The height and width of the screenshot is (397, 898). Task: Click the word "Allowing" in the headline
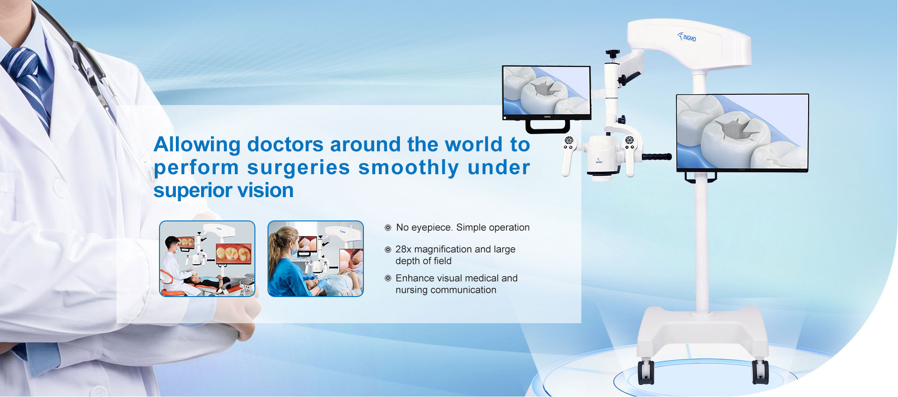click(197, 145)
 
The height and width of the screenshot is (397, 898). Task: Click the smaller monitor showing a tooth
click(547, 93)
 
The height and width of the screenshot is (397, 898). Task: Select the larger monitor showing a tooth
click(742, 133)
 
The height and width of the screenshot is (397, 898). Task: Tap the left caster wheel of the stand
click(646, 372)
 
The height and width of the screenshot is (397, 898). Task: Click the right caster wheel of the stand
click(760, 372)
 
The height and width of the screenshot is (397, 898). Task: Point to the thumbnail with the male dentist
click(207, 259)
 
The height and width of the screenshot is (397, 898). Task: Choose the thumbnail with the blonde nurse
click(316, 259)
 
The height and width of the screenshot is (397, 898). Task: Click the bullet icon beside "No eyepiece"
click(388, 228)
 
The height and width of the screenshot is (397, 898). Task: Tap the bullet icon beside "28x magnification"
click(388, 250)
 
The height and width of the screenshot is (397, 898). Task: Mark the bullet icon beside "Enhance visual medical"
click(388, 278)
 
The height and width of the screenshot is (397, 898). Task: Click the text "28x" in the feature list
click(403, 249)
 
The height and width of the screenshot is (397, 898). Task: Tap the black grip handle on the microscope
click(657, 157)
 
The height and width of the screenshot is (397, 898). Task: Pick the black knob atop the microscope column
click(612, 54)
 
